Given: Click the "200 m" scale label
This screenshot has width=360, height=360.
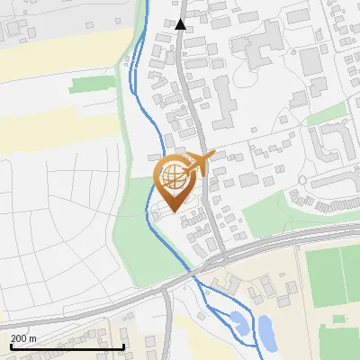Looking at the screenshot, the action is [23, 337].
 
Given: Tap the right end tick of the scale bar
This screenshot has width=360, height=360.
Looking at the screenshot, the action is [123, 346].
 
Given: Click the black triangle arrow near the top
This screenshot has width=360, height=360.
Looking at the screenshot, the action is [181, 25].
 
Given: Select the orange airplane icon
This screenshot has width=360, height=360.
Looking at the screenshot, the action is [196, 163].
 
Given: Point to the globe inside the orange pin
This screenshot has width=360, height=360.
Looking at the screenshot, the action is [171, 175].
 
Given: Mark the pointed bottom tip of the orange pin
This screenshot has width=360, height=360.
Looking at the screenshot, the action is [171, 211].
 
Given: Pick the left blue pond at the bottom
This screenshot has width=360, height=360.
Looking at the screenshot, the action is [237, 319].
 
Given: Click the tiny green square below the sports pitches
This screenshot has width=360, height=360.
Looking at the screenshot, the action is [339, 319].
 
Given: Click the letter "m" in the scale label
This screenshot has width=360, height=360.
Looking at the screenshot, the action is [32, 337].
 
